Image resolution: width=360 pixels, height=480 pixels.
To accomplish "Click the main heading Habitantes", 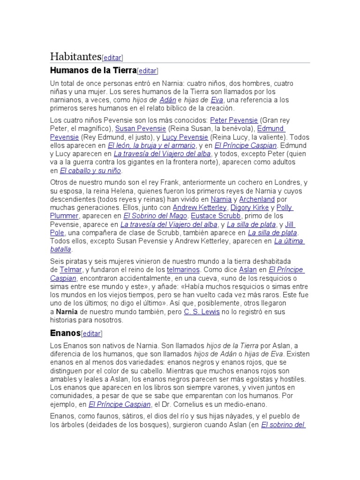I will [x=75, y=57].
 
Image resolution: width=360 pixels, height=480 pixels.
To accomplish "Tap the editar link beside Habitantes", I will [x=112, y=58].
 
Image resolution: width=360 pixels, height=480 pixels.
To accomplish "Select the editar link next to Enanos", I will [x=91, y=334].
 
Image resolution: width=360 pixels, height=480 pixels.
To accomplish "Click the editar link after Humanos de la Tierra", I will [x=148, y=71].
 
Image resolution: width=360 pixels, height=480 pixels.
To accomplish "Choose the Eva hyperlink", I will [x=217, y=100].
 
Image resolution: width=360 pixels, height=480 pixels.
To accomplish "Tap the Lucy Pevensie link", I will [x=186, y=137].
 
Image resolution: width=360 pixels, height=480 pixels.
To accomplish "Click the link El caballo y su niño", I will [x=90, y=171].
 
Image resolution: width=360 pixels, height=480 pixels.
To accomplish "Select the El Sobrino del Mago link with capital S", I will [x=155, y=216].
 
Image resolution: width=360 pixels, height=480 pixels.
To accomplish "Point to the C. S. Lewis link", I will [x=202, y=312].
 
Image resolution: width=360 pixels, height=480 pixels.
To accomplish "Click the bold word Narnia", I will [x=67, y=312].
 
